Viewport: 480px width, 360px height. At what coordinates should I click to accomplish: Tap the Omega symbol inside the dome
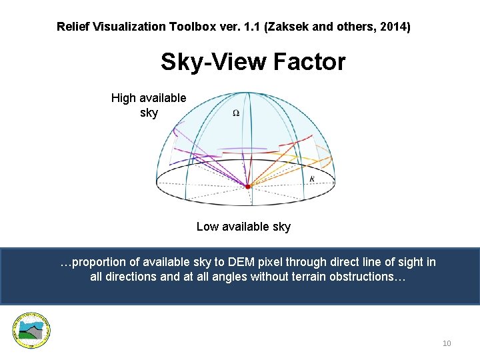(x=236, y=113)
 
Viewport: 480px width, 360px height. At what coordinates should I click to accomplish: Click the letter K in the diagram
(x=312, y=179)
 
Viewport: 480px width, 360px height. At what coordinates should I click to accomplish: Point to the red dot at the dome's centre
(x=247, y=187)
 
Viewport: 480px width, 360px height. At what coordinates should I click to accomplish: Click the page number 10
(x=447, y=343)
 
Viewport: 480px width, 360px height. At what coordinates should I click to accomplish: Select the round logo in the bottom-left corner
(x=31, y=330)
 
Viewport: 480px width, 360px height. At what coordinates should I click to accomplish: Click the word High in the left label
(x=123, y=98)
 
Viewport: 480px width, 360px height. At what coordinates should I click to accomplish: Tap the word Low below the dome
(x=207, y=227)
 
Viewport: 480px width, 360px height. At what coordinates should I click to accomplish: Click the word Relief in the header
(x=72, y=27)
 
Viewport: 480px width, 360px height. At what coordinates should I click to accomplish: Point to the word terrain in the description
(x=296, y=277)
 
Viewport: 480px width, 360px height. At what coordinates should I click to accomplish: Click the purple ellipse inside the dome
(x=238, y=149)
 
